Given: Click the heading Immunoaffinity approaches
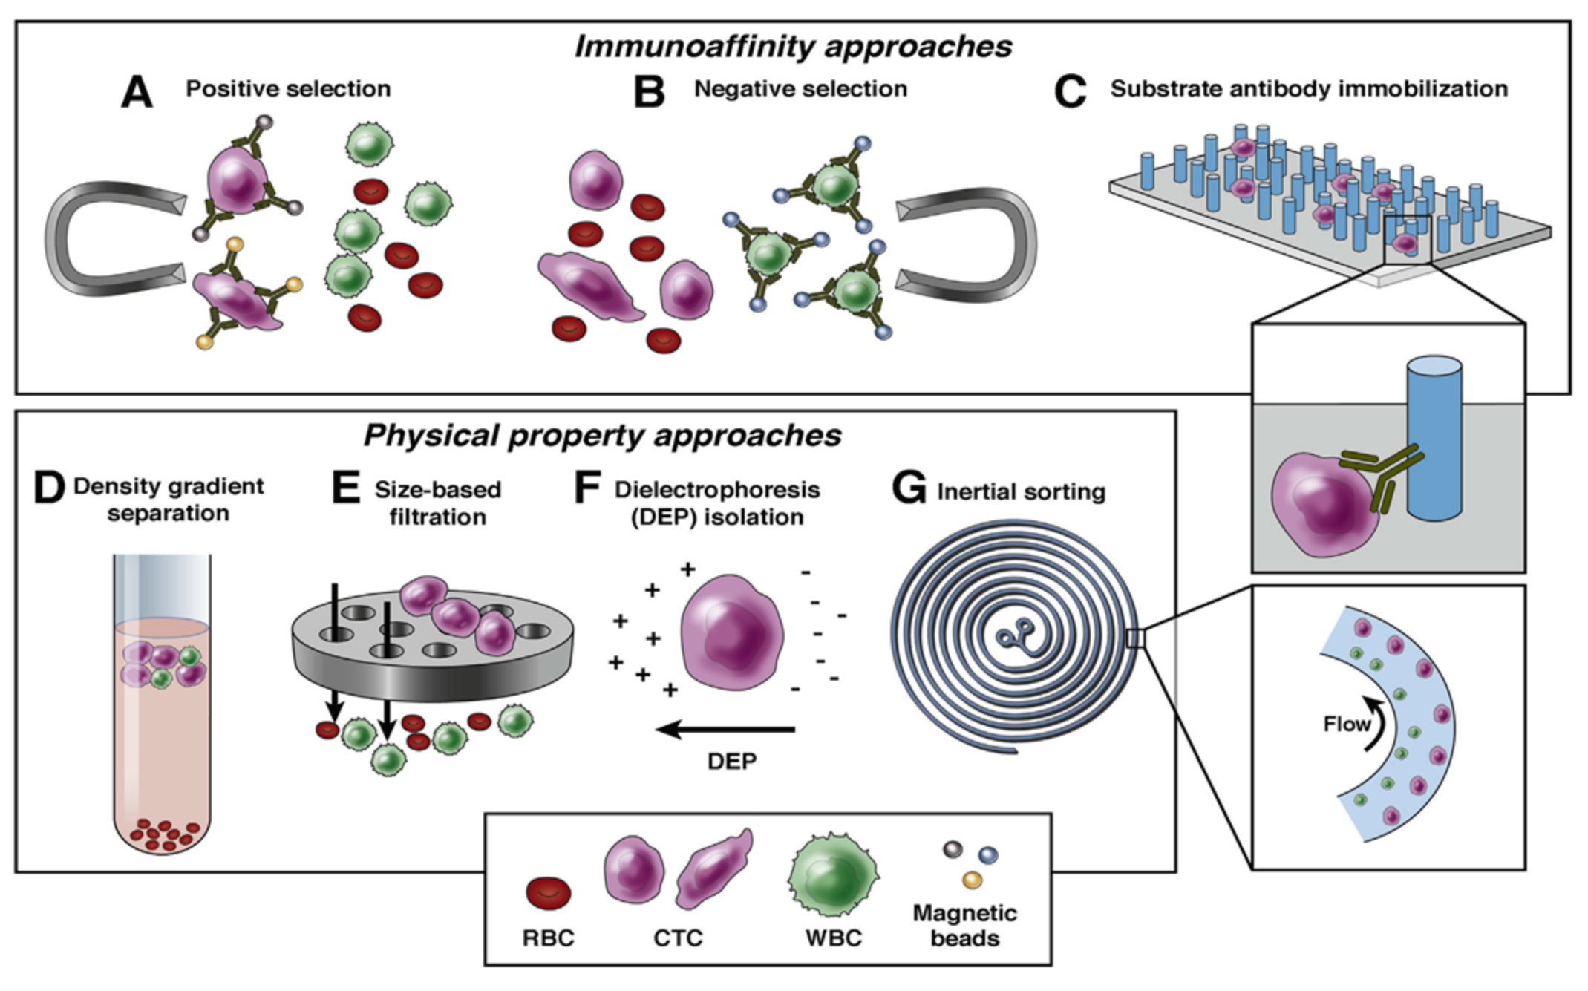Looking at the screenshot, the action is coord(793,47).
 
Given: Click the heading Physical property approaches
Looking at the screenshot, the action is coord(602,435).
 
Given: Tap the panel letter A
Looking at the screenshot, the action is coord(137,93).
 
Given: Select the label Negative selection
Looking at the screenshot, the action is coord(800,88).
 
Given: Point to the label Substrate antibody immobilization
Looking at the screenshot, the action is coord(1309,88).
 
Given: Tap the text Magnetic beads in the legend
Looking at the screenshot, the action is coord(964,925).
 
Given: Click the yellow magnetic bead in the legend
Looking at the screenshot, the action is coord(972,880).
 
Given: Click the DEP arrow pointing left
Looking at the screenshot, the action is coord(726,729).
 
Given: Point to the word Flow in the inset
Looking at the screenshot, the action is coord(1347,724).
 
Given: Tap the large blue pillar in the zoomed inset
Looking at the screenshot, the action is coord(1434,438).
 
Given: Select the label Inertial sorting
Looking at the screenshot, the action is coord(1021,491).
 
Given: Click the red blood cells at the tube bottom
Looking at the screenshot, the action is coord(164,835).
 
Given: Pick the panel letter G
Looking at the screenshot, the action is coord(909,489).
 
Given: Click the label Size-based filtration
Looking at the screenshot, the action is coord(438,503).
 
